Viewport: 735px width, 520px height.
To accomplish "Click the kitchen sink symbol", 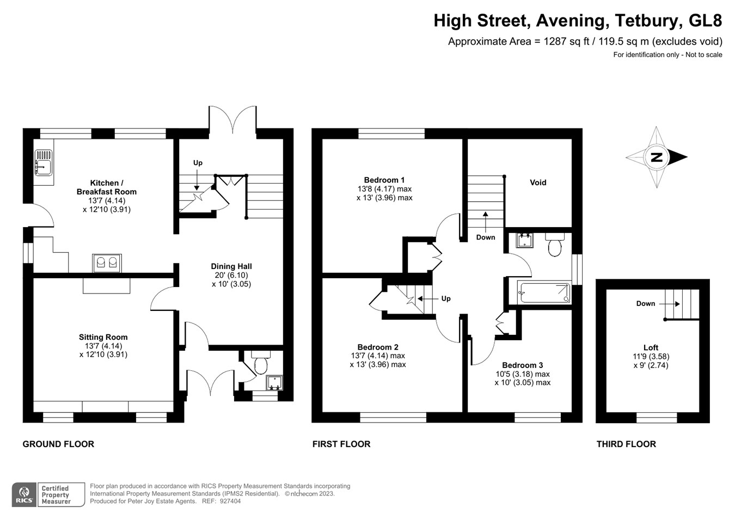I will pyautogui.click(x=44, y=163).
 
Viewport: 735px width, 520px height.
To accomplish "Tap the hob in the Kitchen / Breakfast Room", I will pyautogui.click(x=107, y=263).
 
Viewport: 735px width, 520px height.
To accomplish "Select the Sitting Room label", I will pyautogui.click(x=103, y=337).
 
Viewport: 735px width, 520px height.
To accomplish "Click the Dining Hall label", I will pyautogui.click(x=231, y=266).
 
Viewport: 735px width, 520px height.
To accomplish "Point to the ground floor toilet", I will pyautogui.click(x=261, y=363).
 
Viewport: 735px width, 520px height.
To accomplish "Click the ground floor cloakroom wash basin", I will pyautogui.click(x=274, y=383).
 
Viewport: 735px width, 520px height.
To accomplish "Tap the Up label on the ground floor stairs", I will pyautogui.click(x=198, y=163).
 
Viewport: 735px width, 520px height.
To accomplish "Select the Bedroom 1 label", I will pyautogui.click(x=384, y=180).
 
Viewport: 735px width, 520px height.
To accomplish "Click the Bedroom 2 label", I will pyautogui.click(x=378, y=347).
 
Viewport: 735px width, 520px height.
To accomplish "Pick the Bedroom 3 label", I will pyautogui.click(x=522, y=365).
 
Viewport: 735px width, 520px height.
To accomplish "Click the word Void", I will pyautogui.click(x=538, y=182).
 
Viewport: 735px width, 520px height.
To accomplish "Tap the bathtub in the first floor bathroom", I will pyautogui.click(x=544, y=292).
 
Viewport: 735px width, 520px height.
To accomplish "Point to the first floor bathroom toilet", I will pyautogui.click(x=555, y=246).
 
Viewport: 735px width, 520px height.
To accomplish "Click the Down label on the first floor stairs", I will pyautogui.click(x=486, y=237).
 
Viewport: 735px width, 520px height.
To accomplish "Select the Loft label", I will pyautogui.click(x=651, y=347).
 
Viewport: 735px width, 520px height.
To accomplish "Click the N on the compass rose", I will pyautogui.click(x=657, y=157).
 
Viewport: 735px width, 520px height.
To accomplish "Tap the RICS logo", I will pyautogui.click(x=24, y=494).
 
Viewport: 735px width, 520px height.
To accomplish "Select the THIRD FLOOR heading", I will pyautogui.click(x=626, y=444).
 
